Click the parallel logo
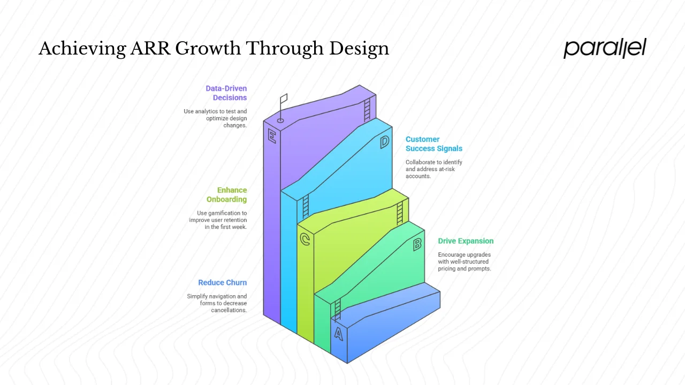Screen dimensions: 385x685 tap(605, 48)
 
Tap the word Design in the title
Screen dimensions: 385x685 tap(359, 49)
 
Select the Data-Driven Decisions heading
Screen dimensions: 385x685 tap(226, 93)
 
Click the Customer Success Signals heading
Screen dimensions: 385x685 tap(433, 144)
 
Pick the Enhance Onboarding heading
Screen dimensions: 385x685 tap(227, 195)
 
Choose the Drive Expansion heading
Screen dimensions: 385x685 tap(466, 241)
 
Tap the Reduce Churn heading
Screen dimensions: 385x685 tap(222, 283)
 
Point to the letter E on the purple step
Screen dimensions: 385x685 tap(272, 136)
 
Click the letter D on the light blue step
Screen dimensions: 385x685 tap(384, 142)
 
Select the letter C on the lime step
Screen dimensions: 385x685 tap(305, 240)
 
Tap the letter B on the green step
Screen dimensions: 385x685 tap(417, 244)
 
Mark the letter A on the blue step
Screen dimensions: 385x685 tap(338, 334)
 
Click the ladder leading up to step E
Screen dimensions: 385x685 tap(367, 110)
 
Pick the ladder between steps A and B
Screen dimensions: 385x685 tap(337, 309)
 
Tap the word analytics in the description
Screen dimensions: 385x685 tap(210, 111)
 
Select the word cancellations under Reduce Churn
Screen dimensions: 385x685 tap(229, 310)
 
